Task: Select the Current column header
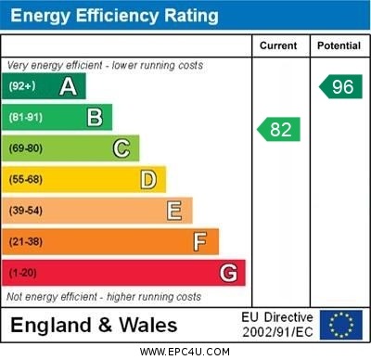[x=278, y=45]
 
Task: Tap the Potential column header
[x=339, y=45]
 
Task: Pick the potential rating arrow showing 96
[x=339, y=87]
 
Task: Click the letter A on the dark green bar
[x=68, y=87]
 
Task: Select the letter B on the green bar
[x=95, y=118]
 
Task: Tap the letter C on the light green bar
[x=122, y=148]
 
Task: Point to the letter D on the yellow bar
[x=148, y=179]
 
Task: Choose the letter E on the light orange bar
[x=174, y=211]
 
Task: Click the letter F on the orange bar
[x=200, y=241]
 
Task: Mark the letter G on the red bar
[x=228, y=273]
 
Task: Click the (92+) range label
[x=23, y=87]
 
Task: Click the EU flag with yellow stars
[x=340, y=325]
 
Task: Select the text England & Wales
[x=94, y=326]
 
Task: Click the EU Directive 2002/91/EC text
[x=277, y=325]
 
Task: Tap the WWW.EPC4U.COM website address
[x=185, y=352]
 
